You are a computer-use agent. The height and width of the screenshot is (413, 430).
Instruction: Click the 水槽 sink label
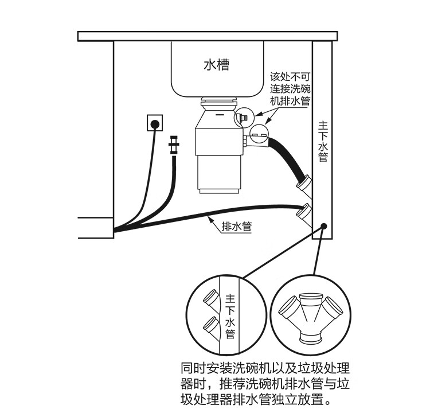pos(216,64)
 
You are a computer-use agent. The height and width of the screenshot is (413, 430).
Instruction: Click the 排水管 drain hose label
pos(236,225)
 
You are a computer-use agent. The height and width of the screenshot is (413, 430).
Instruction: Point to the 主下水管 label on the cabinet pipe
pos(323,141)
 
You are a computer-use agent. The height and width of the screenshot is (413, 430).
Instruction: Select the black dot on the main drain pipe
pos(324,227)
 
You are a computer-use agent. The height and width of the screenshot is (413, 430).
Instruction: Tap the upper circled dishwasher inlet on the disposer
pos(244,118)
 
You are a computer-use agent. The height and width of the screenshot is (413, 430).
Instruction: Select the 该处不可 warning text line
pos(290,76)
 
